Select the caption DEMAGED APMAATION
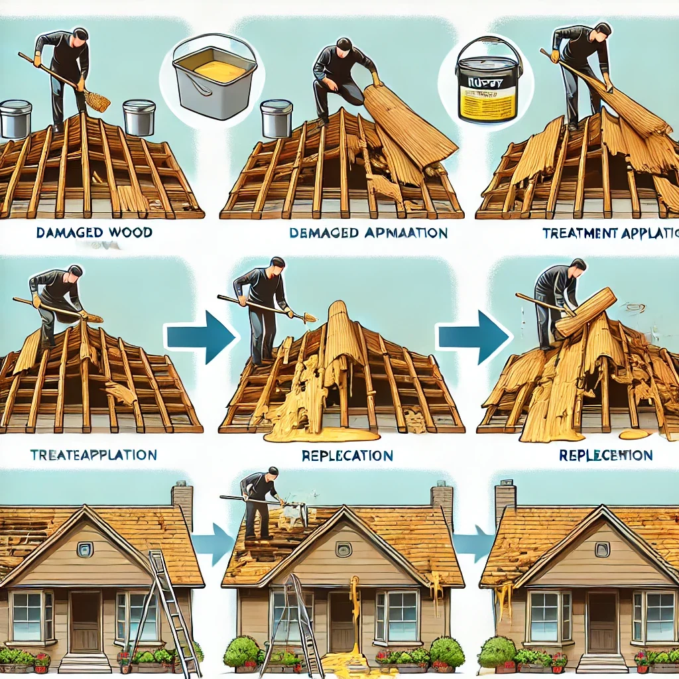[368, 233]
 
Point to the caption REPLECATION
[347, 456]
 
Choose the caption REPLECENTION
[605, 456]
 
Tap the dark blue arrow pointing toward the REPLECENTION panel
[472, 336]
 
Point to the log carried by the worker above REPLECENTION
[586, 312]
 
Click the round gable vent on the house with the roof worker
[343, 549]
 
